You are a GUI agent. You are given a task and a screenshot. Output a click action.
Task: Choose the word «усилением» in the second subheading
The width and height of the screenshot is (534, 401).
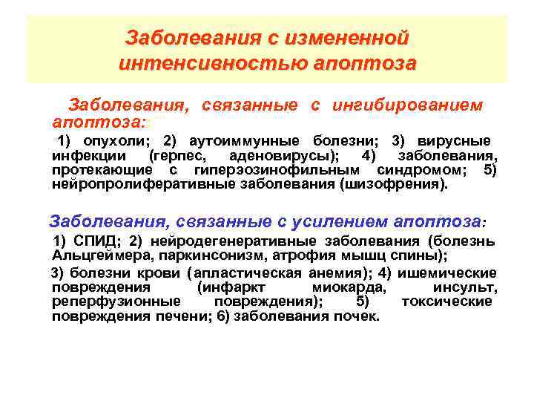point(344,221)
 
